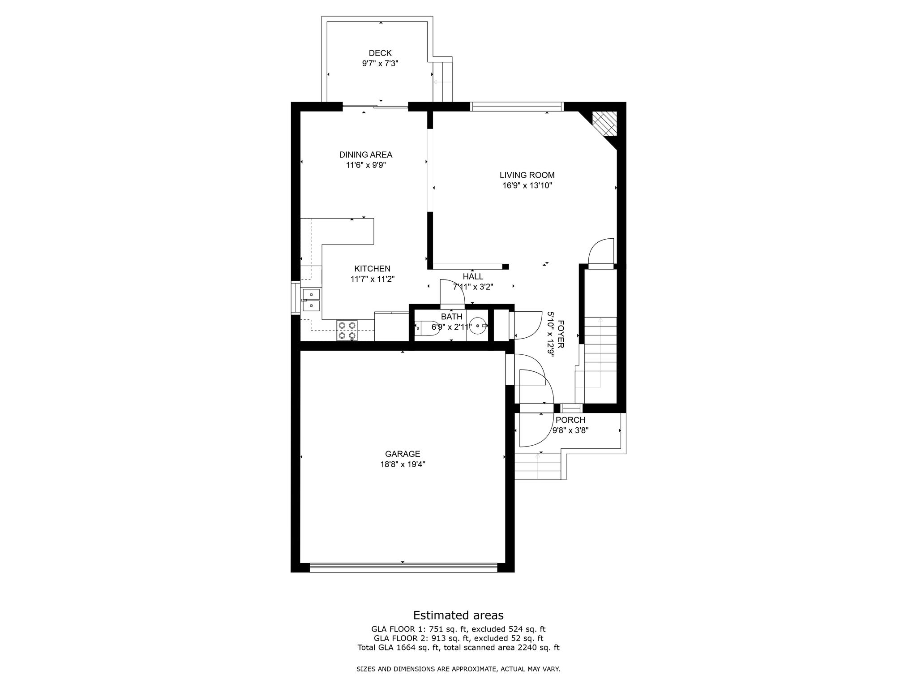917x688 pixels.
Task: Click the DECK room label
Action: pyautogui.click(x=380, y=53)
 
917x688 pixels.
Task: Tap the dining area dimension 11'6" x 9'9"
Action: pyautogui.click(x=366, y=165)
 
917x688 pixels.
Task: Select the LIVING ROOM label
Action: pyautogui.click(x=527, y=175)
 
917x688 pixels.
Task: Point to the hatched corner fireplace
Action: pyautogui.click(x=604, y=123)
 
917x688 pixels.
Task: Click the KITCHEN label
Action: pyautogui.click(x=372, y=269)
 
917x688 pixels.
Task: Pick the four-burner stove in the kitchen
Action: pyautogui.click(x=347, y=331)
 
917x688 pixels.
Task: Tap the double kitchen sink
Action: pyautogui.click(x=311, y=300)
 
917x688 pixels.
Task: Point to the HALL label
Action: pyautogui.click(x=473, y=277)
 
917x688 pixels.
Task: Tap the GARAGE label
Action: pyautogui.click(x=403, y=454)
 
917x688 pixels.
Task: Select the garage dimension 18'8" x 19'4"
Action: pyautogui.click(x=403, y=465)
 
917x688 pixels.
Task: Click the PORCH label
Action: pyautogui.click(x=570, y=420)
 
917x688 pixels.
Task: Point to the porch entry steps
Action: pyautogui.click(x=537, y=466)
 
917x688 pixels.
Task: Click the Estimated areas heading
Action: pyautogui.click(x=458, y=615)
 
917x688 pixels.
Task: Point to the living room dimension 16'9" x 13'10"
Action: pyautogui.click(x=527, y=186)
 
